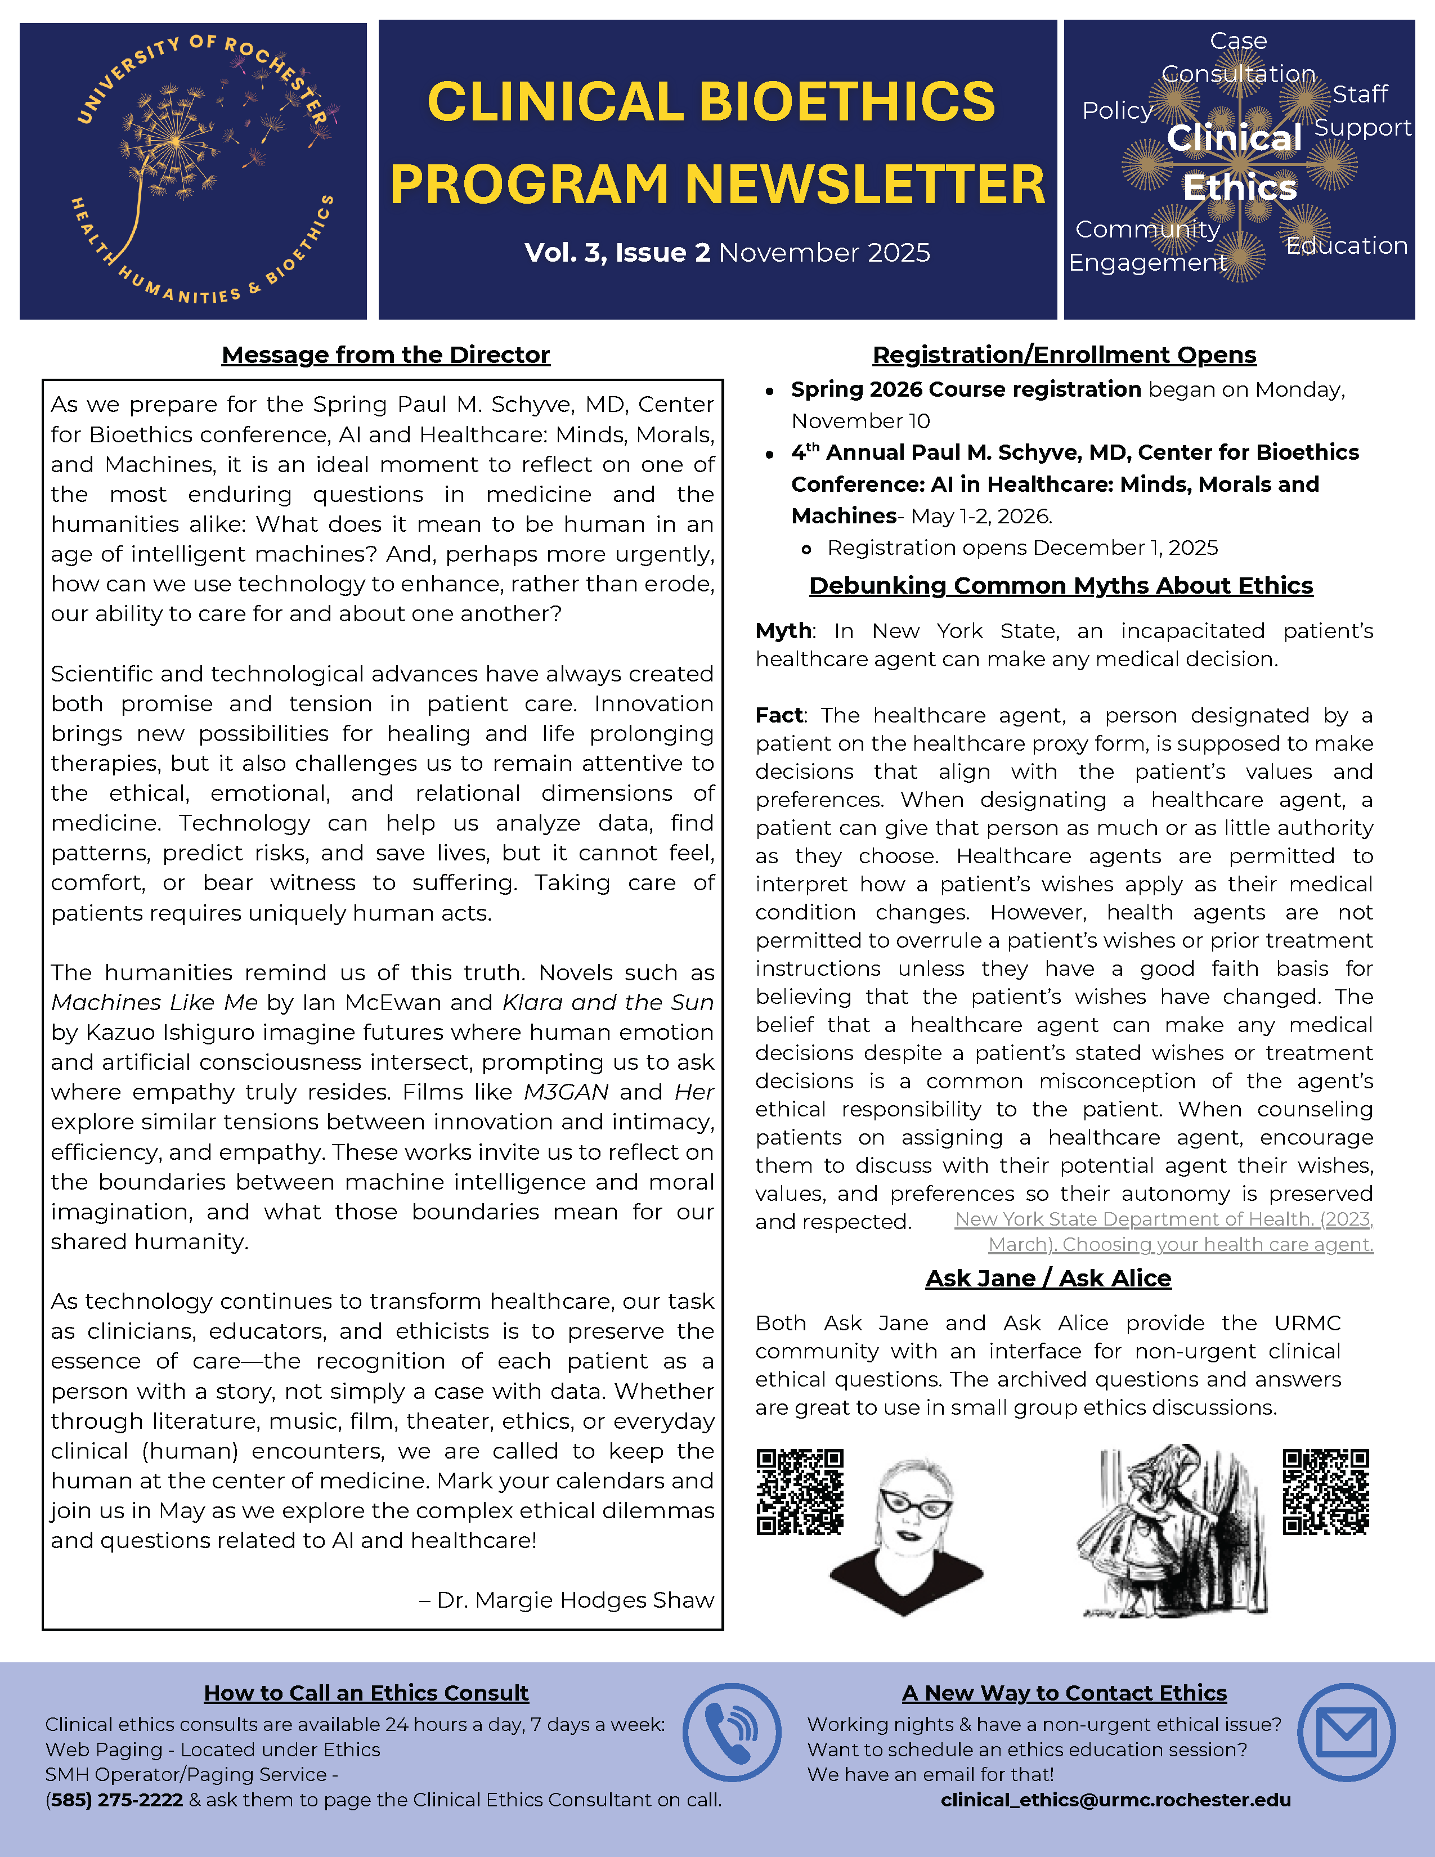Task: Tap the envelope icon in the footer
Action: click(x=1346, y=1732)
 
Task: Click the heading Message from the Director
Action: click(x=386, y=355)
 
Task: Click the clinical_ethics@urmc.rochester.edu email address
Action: click(x=1115, y=1800)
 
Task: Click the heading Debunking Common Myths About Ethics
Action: click(x=1061, y=586)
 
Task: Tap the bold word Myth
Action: click(x=783, y=631)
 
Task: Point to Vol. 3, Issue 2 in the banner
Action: click(x=617, y=253)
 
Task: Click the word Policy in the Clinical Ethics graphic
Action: click(x=1117, y=110)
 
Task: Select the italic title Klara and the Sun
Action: click(x=608, y=1002)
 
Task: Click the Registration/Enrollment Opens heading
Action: click(x=1064, y=355)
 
